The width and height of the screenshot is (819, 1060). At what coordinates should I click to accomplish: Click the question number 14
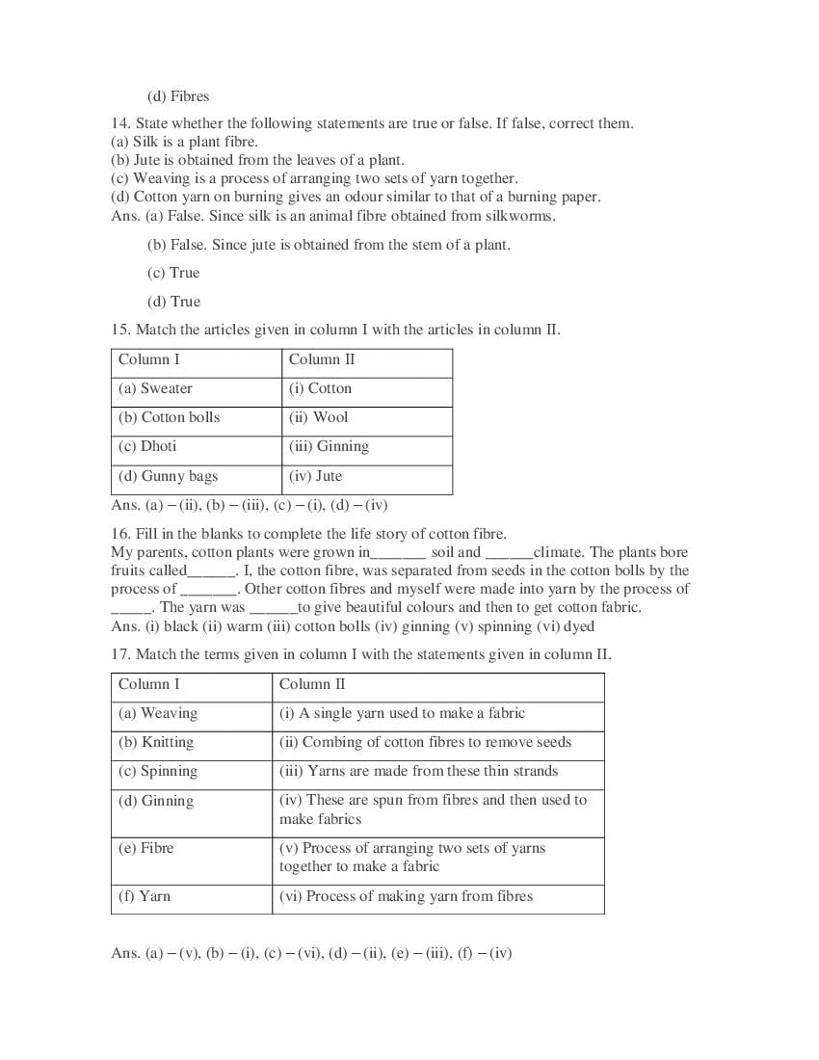(119, 124)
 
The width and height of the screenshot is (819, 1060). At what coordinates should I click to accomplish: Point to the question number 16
(119, 534)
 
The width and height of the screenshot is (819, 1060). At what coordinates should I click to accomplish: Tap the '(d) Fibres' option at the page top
(178, 96)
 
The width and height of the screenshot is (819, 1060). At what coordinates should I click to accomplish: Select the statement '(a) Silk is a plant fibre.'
(184, 142)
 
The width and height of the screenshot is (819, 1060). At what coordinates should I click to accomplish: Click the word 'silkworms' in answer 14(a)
(521, 216)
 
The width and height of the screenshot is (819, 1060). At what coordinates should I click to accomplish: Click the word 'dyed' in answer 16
(578, 626)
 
